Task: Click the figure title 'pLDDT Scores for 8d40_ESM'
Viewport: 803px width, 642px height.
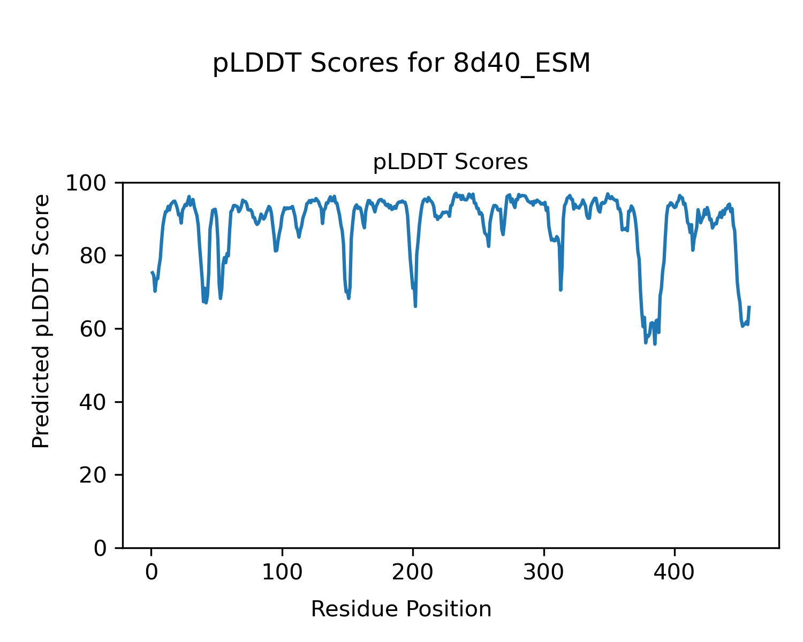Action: point(401,64)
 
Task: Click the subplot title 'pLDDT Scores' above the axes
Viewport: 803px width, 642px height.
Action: point(450,162)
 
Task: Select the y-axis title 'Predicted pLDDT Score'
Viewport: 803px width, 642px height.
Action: point(41,321)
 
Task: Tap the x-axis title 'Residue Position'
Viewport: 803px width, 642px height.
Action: point(401,609)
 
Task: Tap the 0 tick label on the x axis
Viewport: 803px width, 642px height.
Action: point(151,572)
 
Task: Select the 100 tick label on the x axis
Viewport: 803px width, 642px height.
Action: point(282,572)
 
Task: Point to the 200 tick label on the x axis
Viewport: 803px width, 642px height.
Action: point(413,572)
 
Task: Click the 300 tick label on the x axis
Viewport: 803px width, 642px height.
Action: point(544,572)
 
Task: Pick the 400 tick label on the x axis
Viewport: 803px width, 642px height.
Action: point(675,572)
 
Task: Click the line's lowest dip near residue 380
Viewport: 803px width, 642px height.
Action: point(655,343)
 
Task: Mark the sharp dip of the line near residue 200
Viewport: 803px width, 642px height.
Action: point(415,306)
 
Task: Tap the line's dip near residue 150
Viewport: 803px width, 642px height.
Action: point(349,298)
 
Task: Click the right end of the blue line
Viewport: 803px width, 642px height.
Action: point(749,307)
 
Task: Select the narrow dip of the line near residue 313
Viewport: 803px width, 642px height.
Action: point(560,289)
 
